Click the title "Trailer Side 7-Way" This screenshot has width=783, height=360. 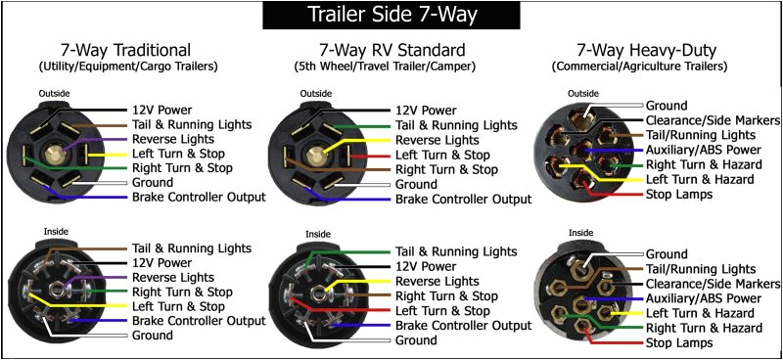pyautogui.click(x=391, y=15)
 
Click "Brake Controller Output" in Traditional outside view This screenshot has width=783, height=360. pyautogui.click(x=199, y=198)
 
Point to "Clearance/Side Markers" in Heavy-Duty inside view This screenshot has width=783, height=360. pyautogui.click(x=710, y=284)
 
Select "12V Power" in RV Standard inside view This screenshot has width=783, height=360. pyautogui.click(x=429, y=265)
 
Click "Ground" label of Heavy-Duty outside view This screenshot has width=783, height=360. pyautogui.click(x=667, y=105)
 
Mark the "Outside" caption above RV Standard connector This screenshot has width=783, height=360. pyautogui.click(x=316, y=95)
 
